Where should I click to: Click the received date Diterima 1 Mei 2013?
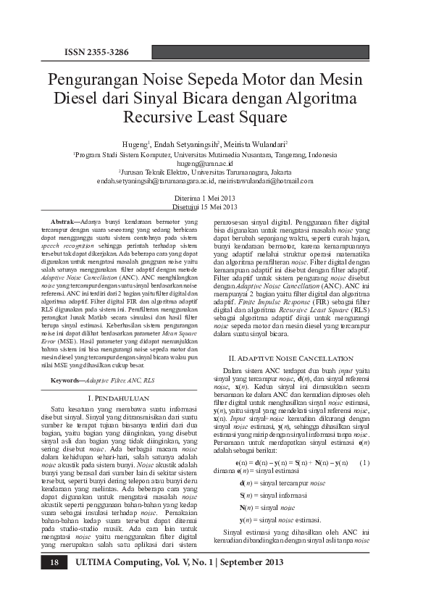[206, 198]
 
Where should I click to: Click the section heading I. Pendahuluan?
[117, 398]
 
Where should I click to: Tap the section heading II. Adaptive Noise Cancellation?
[290, 358]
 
